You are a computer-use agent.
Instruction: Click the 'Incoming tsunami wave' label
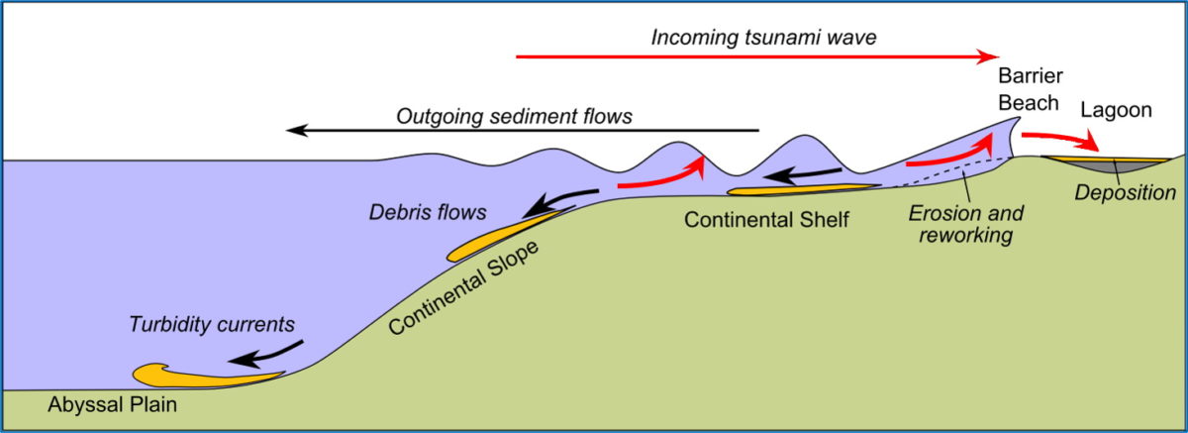point(763,38)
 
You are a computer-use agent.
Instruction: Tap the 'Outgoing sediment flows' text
point(514,116)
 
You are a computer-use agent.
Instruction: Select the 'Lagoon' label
point(1117,110)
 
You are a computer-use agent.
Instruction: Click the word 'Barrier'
point(1031,76)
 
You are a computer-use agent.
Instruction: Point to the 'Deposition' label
point(1126,192)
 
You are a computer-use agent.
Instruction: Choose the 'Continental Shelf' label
point(766,220)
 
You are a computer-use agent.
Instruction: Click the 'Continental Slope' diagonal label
point(463,287)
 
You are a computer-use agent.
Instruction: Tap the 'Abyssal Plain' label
point(113,404)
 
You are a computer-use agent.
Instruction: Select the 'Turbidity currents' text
point(212,324)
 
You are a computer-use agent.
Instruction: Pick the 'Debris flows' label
point(428,212)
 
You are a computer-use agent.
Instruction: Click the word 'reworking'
point(966,235)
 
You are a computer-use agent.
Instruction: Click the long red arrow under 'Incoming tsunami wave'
point(757,56)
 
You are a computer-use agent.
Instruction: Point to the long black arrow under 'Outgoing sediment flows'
point(523,130)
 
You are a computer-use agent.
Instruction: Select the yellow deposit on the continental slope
point(504,237)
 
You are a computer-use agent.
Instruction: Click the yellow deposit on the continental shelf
point(801,189)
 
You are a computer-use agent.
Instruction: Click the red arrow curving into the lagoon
point(1059,140)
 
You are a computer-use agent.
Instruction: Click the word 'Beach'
point(1029,103)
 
